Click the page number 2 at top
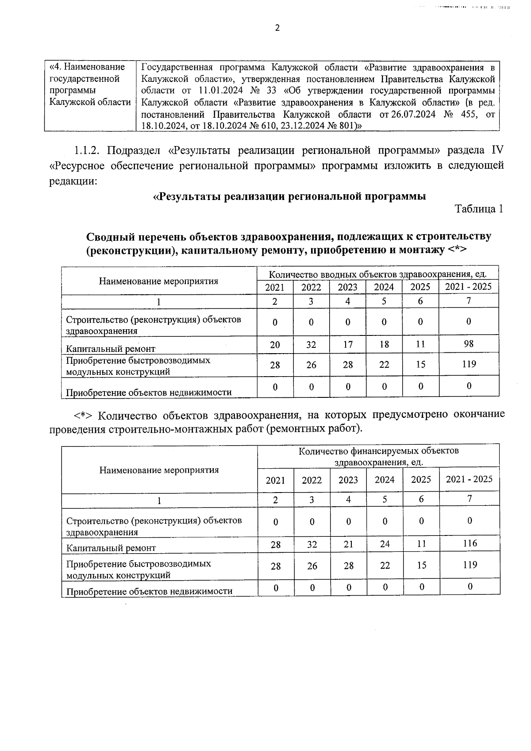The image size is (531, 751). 277,28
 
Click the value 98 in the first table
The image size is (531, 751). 469,343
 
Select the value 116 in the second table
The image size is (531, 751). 470,543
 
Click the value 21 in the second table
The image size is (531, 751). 349,544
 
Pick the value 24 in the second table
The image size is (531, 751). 385,544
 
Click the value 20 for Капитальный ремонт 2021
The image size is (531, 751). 275,344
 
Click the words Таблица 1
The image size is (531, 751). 479,209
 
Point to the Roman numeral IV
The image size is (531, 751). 497,150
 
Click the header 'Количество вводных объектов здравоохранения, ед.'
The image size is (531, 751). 377,274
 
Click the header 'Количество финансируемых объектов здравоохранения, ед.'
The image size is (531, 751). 378,456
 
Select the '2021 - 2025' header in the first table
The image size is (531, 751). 468,286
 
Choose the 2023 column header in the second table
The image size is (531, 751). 348,480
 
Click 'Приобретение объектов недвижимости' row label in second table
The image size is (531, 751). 149,591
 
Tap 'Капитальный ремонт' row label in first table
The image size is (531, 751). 111,349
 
